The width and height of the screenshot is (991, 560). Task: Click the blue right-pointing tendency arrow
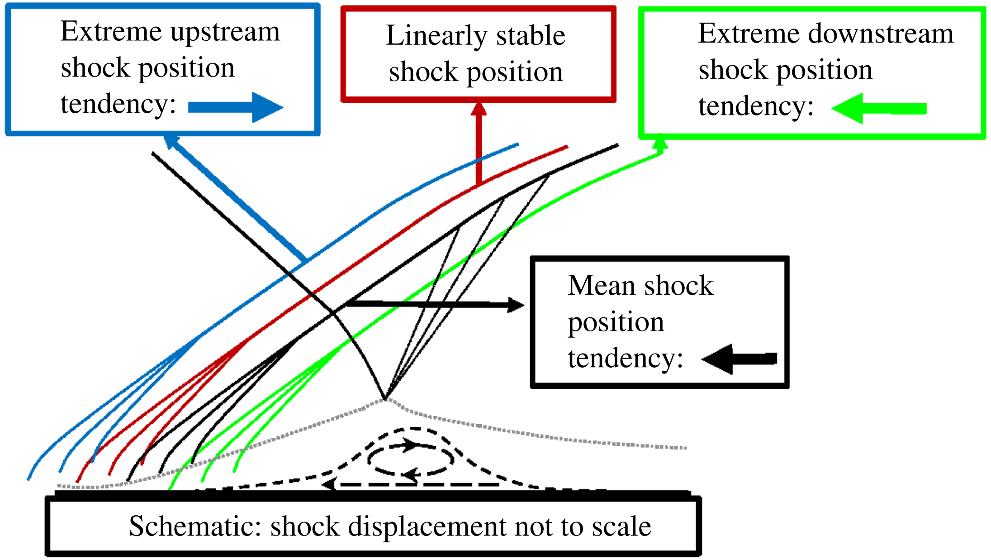pyautogui.click(x=235, y=107)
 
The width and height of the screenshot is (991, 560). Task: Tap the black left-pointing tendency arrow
pyautogui.click(x=739, y=359)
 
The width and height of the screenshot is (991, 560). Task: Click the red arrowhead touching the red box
pyautogui.click(x=479, y=109)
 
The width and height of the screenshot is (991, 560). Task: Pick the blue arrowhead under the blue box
pyautogui.click(x=171, y=141)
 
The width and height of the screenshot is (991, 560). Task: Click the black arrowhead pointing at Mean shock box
pyautogui.click(x=515, y=305)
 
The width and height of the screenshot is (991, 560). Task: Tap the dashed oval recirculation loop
pyautogui.click(x=411, y=459)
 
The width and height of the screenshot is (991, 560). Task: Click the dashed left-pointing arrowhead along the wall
pyautogui.click(x=329, y=484)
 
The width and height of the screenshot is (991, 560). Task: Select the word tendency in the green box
pyautogui.click(x=756, y=106)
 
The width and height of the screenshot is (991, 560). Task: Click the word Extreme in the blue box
pyautogui.click(x=111, y=32)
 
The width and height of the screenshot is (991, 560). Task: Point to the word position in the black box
pyautogui.click(x=616, y=323)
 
